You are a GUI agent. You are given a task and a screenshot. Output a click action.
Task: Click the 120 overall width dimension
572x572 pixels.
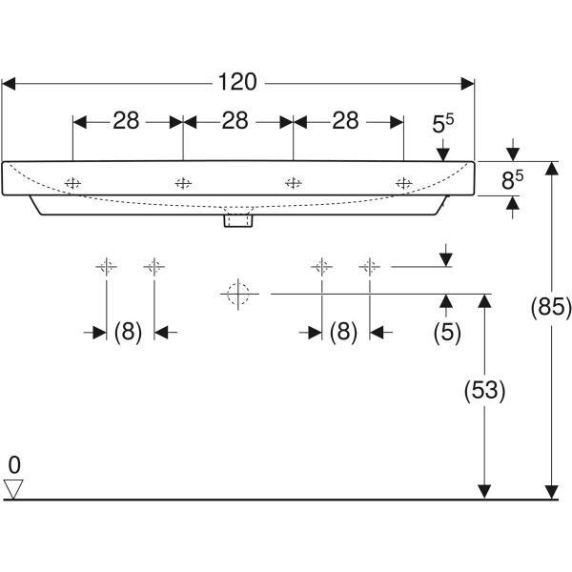click(x=237, y=82)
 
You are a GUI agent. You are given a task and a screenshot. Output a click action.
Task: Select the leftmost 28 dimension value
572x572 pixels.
click(x=126, y=120)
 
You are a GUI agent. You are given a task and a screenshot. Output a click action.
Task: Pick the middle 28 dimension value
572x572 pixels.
click(x=235, y=120)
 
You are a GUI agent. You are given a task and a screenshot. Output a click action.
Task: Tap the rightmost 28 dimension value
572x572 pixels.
click(x=345, y=120)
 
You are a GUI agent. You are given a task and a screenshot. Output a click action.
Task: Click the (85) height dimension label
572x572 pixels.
click(x=551, y=307)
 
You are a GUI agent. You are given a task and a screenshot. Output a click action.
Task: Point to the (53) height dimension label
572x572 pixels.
click(x=485, y=390)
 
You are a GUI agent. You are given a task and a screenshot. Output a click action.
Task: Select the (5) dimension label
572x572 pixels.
click(x=447, y=333)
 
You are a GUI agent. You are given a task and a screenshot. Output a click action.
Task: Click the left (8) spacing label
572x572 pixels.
click(x=128, y=332)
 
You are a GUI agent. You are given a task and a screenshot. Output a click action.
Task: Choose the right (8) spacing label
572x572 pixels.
click(x=343, y=332)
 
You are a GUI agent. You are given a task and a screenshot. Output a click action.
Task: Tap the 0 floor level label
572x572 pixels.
click(x=14, y=465)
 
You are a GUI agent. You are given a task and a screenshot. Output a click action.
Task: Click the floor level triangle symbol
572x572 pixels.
click(x=13, y=489)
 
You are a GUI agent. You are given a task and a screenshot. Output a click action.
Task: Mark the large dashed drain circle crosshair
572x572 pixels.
click(x=238, y=294)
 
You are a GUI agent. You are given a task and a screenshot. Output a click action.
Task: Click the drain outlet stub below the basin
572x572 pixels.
click(x=238, y=221)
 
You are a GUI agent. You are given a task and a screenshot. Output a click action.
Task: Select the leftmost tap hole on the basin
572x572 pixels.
click(x=73, y=183)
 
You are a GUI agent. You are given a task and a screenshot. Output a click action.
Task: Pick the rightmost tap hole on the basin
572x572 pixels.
click(x=404, y=183)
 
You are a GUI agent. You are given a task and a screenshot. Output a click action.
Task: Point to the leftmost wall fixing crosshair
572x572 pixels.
click(x=107, y=267)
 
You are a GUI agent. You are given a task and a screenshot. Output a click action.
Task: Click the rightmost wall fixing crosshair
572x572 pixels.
click(x=370, y=267)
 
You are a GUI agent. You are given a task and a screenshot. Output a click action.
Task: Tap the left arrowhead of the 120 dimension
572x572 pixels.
click(x=9, y=84)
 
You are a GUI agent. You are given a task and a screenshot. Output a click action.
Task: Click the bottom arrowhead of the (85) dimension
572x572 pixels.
click(x=552, y=492)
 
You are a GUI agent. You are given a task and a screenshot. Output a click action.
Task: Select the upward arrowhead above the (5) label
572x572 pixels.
click(x=446, y=301)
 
